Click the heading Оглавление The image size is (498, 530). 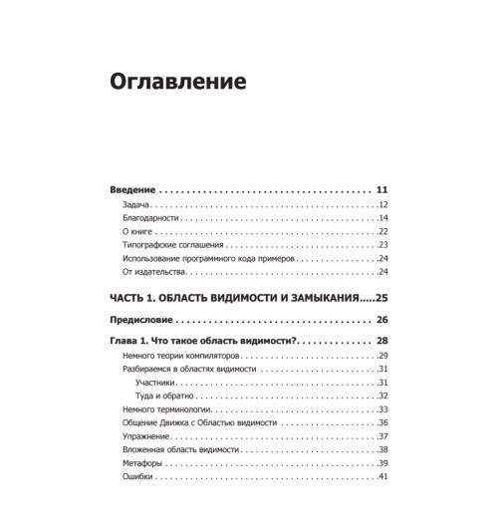pyautogui.click(x=180, y=80)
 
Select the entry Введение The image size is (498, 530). pyautogui.click(x=133, y=189)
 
